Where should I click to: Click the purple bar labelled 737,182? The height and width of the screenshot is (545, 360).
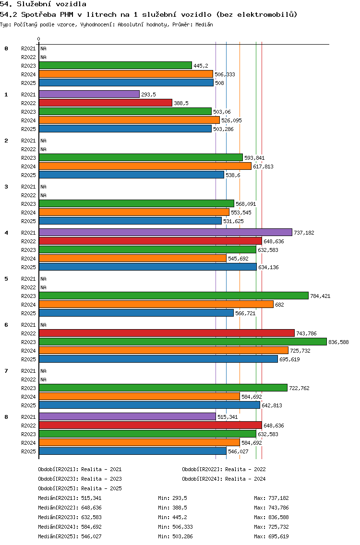point(166,233)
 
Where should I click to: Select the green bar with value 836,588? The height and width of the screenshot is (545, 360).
point(183,342)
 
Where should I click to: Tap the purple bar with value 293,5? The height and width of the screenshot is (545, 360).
point(89,95)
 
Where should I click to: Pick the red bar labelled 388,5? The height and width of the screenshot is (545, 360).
point(106,103)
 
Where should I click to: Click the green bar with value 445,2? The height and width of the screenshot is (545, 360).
point(116,66)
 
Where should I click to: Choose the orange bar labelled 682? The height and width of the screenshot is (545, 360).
point(156,305)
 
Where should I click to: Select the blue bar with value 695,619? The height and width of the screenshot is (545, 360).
point(158,359)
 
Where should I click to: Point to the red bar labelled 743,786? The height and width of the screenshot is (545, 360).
point(167,333)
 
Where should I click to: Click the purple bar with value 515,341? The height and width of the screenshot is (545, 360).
point(128,417)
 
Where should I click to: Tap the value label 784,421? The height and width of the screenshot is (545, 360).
point(320,296)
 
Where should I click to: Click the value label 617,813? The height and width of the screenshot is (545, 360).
point(264,166)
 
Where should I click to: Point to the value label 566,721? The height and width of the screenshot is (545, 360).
point(246,313)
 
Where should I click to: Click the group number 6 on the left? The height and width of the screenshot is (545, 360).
point(6,325)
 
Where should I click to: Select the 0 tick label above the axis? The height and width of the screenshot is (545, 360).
point(38,39)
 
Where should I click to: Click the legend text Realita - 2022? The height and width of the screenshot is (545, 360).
point(245,469)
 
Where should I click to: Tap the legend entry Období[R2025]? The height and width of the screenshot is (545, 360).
point(58,488)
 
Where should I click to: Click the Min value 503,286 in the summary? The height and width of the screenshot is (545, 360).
point(182,536)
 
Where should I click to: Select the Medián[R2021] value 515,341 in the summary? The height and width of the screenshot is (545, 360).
point(92,498)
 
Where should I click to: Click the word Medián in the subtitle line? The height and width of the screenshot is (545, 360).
point(204,24)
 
